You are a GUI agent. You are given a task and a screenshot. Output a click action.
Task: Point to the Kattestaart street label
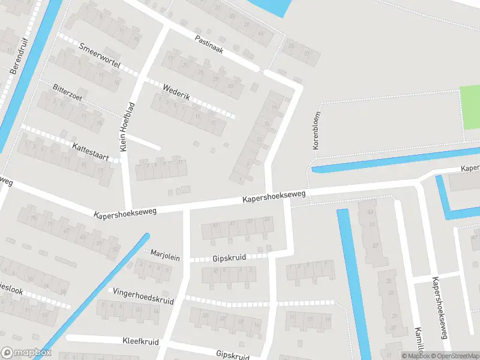90,152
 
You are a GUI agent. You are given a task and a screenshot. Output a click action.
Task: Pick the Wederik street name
176,92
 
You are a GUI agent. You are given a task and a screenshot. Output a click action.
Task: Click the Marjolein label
165,255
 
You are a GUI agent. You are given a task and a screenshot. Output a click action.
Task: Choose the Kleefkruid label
140,341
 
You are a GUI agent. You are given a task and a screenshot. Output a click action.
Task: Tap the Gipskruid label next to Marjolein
229,257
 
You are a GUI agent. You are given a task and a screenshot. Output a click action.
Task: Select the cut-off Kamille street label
419,342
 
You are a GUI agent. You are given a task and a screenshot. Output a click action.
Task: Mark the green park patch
470,107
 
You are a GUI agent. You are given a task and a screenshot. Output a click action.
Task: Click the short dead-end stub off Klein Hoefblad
144,142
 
